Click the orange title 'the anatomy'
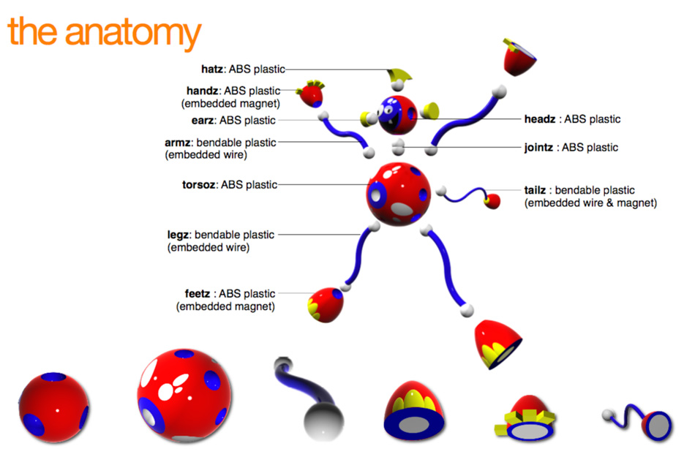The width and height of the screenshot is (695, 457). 104,33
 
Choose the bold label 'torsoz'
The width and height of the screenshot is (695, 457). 198,185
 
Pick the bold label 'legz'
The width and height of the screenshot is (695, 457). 181,235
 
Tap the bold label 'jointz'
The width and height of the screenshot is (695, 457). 539,148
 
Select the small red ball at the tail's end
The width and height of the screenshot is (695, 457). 493,200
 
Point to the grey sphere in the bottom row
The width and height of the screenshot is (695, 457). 323,421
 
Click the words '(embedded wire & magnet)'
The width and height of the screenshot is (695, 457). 590,203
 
